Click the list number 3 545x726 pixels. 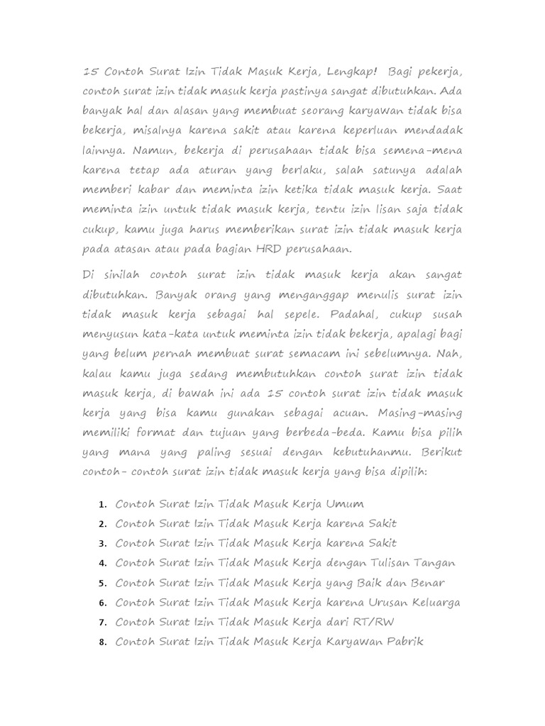(102, 544)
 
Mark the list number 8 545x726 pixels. (102, 643)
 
